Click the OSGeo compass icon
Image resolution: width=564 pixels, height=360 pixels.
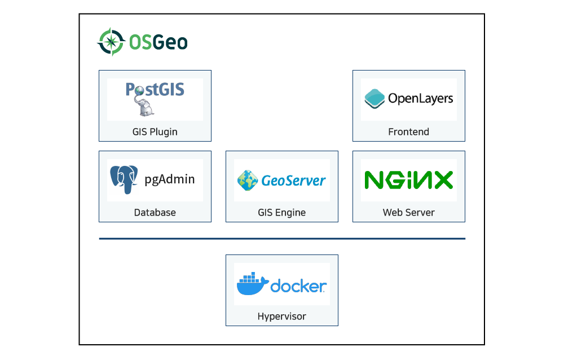(110, 42)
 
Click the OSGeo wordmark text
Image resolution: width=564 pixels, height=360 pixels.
(158, 42)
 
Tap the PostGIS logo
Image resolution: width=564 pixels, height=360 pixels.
(155, 98)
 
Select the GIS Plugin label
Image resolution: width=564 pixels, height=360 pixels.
(155, 132)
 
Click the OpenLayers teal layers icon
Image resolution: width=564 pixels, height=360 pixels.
(374, 99)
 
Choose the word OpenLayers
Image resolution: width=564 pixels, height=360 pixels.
(420, 99)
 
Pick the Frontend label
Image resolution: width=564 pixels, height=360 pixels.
(409, 132)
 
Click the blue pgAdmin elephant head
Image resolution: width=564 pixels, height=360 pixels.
(124, 179)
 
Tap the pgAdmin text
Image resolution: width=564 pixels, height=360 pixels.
(170, 179)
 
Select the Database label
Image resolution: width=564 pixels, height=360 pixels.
(155, 213)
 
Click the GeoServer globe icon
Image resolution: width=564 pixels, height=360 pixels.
(247, 180)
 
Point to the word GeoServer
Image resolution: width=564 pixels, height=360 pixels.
(293, 181)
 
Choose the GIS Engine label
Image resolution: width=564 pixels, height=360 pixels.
(282, 213)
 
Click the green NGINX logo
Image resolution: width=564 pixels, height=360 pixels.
(409, 180)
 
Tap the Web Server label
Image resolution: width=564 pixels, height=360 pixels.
(409, 213)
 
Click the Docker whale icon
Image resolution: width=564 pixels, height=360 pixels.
(252, 285)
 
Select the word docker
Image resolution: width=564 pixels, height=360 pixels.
(298, 286)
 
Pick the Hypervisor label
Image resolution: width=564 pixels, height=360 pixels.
(282, 317)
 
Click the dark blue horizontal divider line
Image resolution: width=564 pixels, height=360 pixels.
(282, 239)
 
